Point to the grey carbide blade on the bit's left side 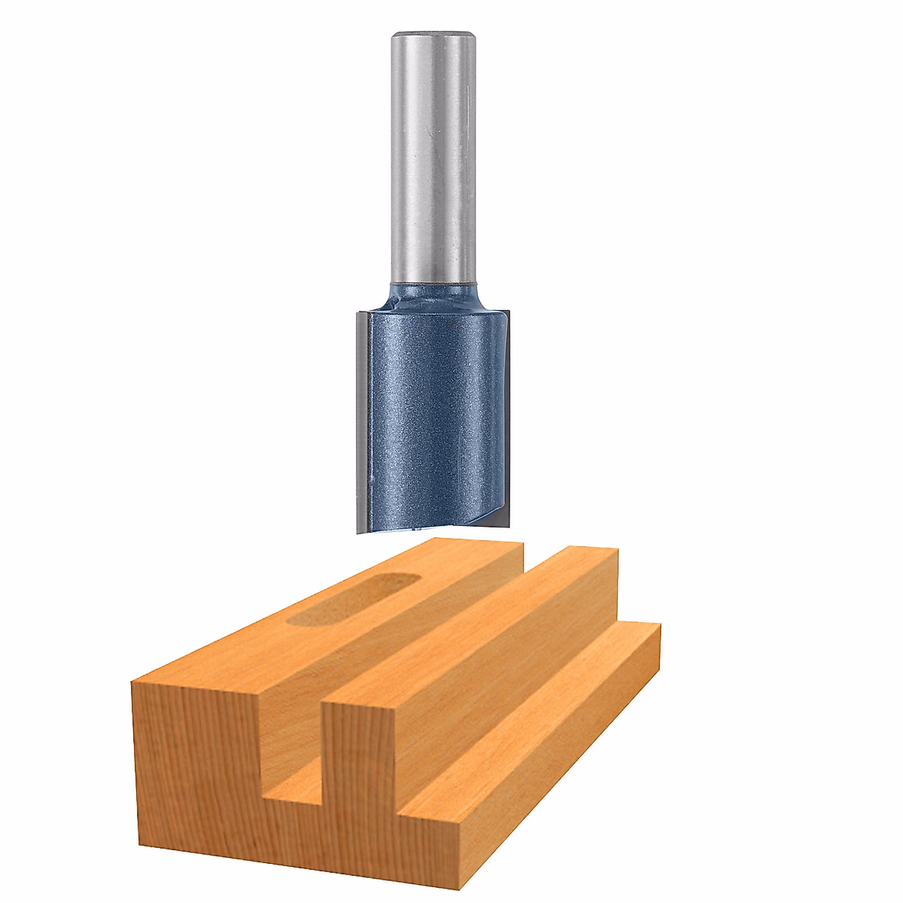[360, 421]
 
